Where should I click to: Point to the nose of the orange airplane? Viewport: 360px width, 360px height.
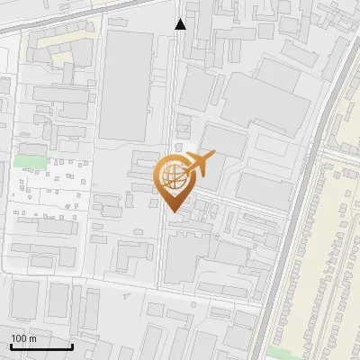(x=214, y=156)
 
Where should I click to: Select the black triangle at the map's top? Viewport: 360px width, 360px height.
(x=181, y=23)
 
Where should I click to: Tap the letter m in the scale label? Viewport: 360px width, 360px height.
(x=32, y=338)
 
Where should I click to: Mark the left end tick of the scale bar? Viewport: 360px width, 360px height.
(x=10, y=346)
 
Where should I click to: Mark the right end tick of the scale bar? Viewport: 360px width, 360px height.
(x=72, y=346)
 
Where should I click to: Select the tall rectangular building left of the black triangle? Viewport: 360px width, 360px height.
(x=126, y=85)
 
